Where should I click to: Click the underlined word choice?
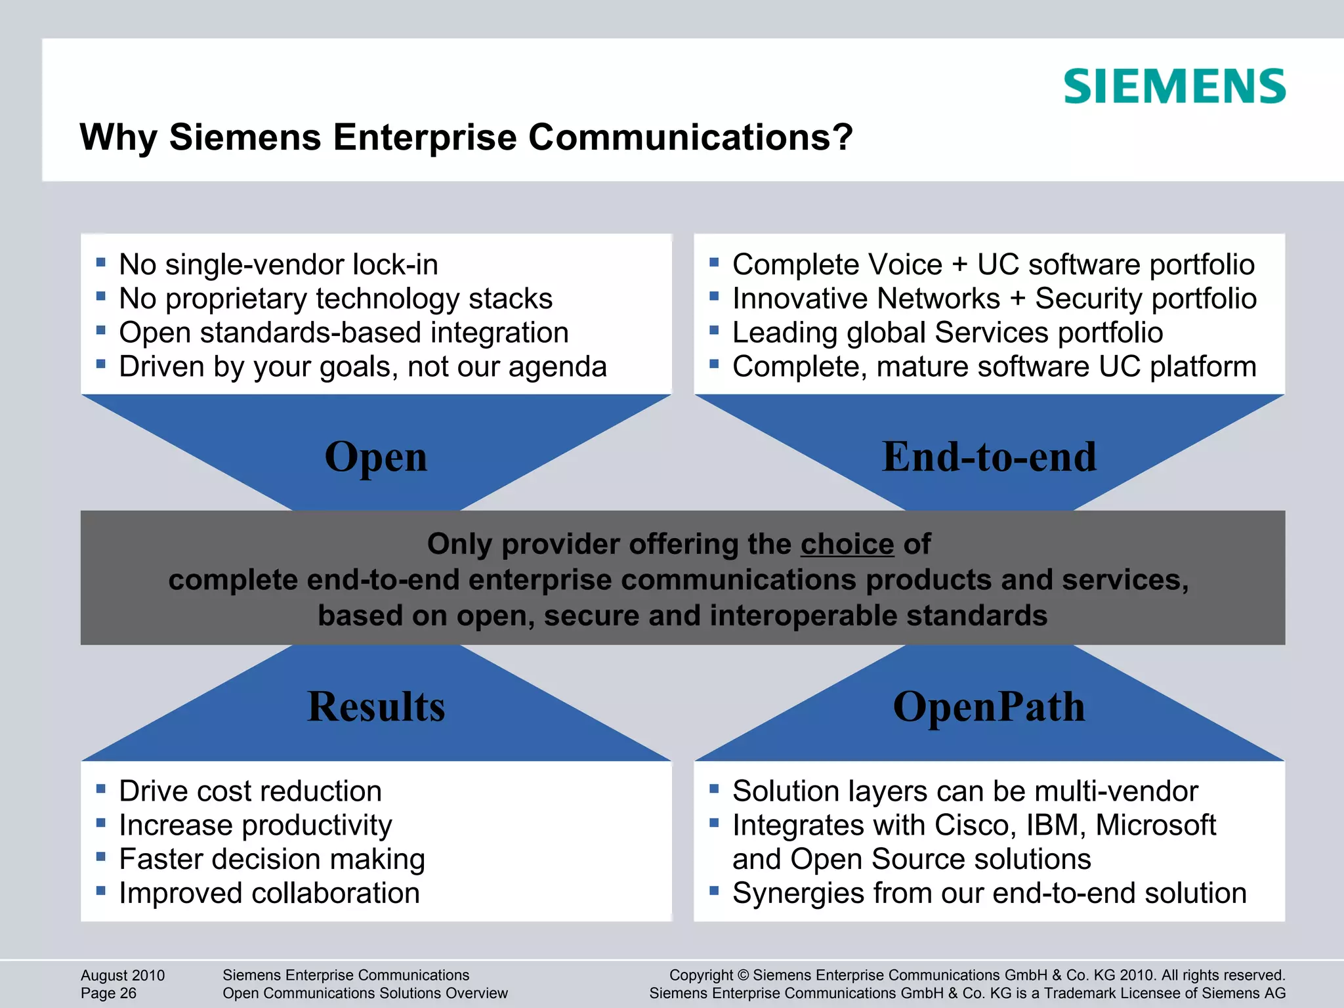coord(847,544)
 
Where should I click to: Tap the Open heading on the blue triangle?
coord(376,457)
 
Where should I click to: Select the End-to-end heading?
coord(989,457)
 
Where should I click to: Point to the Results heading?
coord(376,707)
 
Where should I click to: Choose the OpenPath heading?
coord(989,707)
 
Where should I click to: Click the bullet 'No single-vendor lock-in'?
coord(278,265)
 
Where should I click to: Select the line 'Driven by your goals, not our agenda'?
coord(362,367)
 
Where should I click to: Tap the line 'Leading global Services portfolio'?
coord(947,333)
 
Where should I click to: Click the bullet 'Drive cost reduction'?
coord(250,791)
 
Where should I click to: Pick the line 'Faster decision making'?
coord(272,860)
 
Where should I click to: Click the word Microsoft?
coord(1156,826)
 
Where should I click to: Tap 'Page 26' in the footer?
coord(108,994)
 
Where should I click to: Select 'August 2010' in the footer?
coord(123,975)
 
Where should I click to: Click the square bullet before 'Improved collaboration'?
coord(100,891)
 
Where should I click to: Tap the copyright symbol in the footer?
coord(743,975)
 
